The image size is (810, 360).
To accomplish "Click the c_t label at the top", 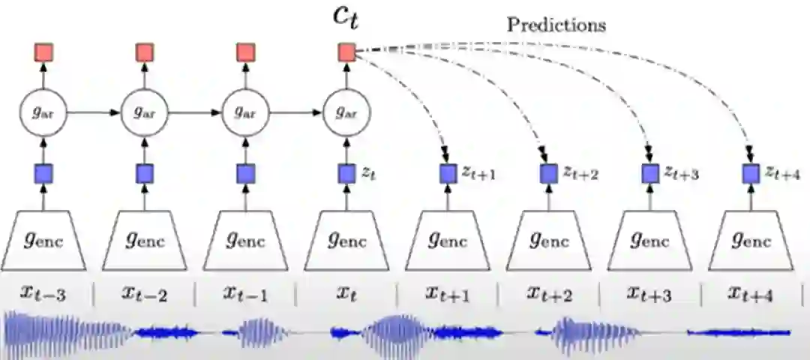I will tap(346, 17).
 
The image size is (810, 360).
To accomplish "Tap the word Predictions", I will tap(556, 24).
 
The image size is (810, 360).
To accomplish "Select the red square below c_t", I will tap(346, 52).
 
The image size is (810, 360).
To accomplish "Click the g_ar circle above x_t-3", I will tap(43, 112).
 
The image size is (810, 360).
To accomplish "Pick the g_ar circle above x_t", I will tap(346, 112).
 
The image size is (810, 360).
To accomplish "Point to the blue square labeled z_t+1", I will tap(448, 174).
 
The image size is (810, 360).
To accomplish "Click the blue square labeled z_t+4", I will tap(750, 174).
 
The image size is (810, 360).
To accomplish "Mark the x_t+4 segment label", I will tap(751, 294).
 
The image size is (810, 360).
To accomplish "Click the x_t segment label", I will tap(346, 294).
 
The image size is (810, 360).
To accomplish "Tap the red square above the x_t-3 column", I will tap(43, 52).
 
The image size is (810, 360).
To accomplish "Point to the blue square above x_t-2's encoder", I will tap(145, 174).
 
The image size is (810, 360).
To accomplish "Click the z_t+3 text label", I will tap(681, 174).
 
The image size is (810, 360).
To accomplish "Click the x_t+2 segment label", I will tap(550, 294).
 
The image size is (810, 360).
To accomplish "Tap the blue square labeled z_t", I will tap(346, 174).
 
